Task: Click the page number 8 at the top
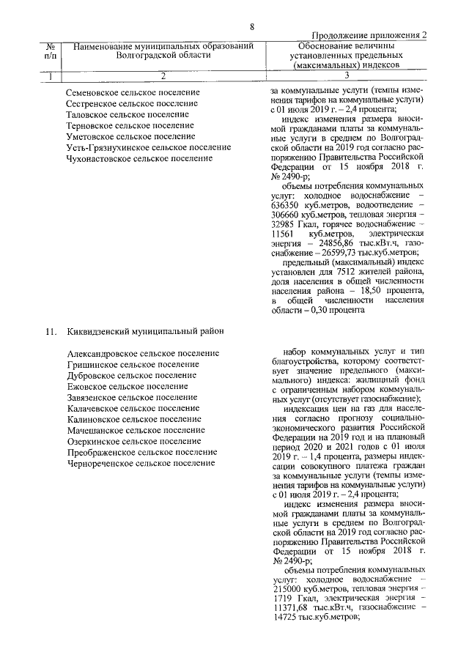coord(251,27)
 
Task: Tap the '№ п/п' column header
coord(50,51)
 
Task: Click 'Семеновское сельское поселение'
coord(132,93)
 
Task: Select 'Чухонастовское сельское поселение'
coord(139,158)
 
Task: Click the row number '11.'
coord(50,331)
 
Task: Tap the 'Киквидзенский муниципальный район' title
coord(144,331)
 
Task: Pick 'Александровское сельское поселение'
coord(142,353)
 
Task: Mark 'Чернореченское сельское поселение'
coord(141,463)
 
